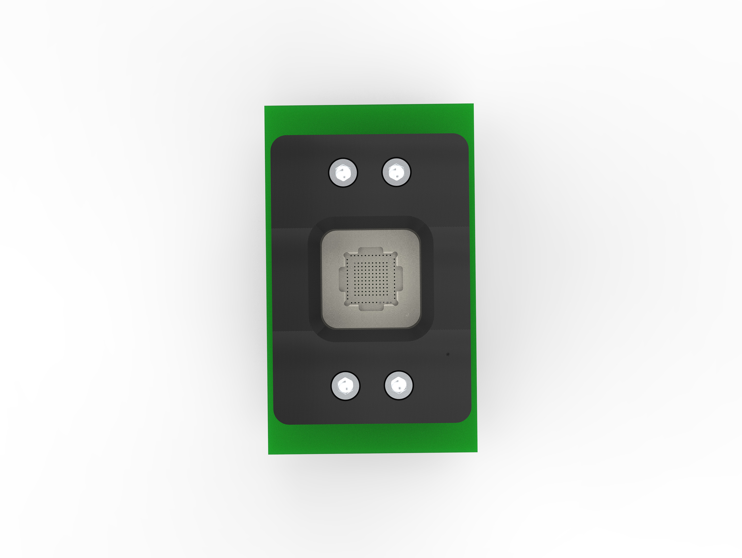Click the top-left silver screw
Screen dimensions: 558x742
[343, 173]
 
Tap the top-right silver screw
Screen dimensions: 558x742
[397, 172]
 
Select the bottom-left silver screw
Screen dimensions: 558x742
[345, 386]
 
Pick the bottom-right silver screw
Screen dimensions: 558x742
[399, 385]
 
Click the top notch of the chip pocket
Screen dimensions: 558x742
[370, 251]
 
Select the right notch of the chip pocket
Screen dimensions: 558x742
[400, 278]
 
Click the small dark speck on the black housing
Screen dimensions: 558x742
[448, 354]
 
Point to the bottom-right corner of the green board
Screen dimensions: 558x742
[477, 451]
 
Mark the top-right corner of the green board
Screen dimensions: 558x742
[473, 104]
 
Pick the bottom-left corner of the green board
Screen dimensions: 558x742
[269, 454]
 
